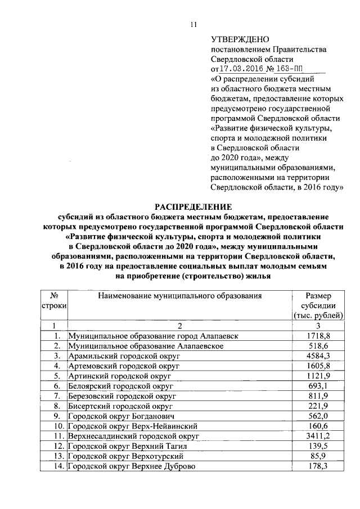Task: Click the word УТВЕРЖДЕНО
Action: [x=240, y=39]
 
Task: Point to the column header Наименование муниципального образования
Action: [x=179, y=295]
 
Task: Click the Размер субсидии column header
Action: [x=318, y=305]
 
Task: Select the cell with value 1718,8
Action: [x=318, y=336]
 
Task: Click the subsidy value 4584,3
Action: [x=318, y=356]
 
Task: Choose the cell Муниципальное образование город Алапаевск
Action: [x=153, y=336]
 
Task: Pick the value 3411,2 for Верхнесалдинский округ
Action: [x=318, y=436]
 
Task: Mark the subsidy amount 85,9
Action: [x=318, y=456]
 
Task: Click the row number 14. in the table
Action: [x=55, y=466]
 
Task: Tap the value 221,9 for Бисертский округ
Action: [x=318, y=406]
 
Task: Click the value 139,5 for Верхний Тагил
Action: [x=318, y=446]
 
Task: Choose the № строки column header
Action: [x=55, y=300]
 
